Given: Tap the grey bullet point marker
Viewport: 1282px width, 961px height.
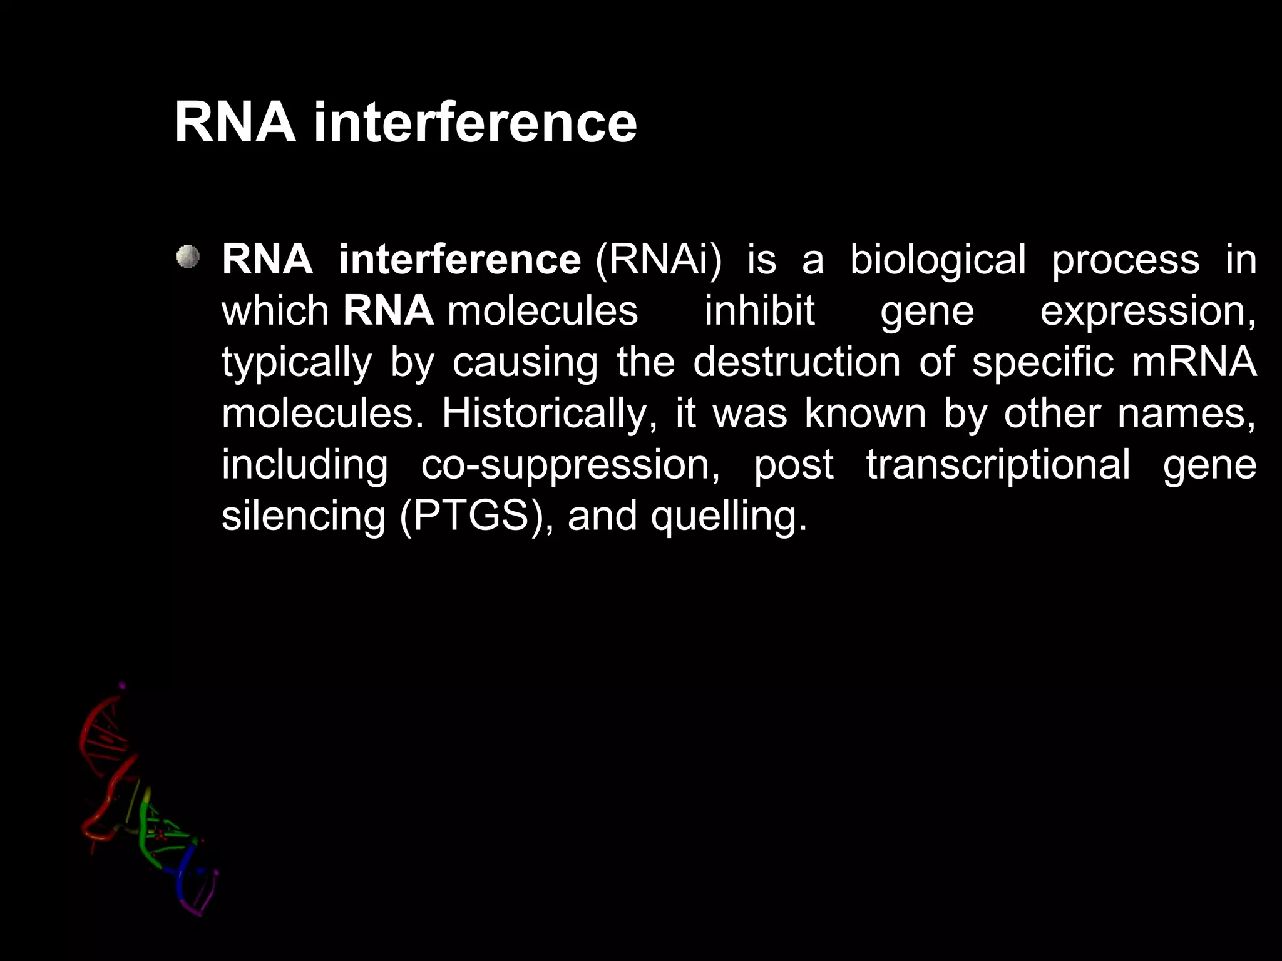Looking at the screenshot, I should [187, 257].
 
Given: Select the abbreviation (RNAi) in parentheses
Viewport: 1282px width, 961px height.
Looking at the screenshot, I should [659, 259].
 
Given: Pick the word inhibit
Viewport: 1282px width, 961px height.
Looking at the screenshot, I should [759, 311].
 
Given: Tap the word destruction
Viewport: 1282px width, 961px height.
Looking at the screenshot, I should [796, 362].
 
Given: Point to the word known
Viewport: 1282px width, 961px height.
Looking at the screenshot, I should [864, 414].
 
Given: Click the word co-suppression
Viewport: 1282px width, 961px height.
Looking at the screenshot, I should [570, 465].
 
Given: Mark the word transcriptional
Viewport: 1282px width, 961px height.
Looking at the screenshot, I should [998, 465].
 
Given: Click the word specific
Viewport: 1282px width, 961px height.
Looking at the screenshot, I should [1042, 363].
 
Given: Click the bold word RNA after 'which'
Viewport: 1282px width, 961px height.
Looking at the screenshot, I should [388, 311].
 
